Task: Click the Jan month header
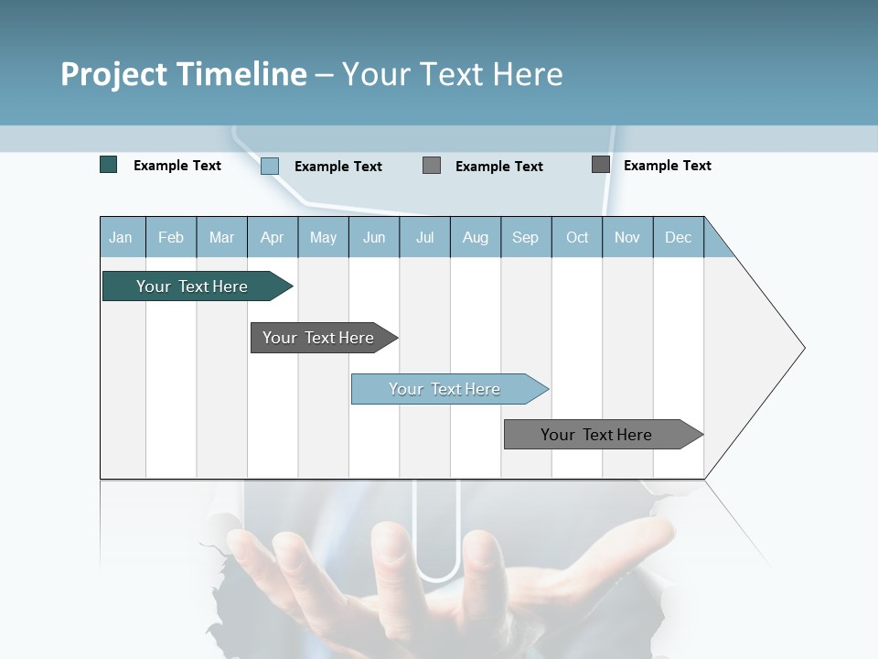click(121, 238)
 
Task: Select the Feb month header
click(171, 238)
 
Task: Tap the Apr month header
click(273, 238)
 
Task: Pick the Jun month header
click(374, 238)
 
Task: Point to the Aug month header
click(476, 238)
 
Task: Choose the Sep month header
click(526, 238)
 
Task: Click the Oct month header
click(577, 238)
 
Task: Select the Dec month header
click(679, 238)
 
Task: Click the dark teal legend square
click(109, 165)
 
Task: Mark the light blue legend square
click(270, 166)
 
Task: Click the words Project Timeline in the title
click(184, 74)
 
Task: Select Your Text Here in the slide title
click(453, 74)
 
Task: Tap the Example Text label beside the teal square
click(177, 166)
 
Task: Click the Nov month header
click(627, 238)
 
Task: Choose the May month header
click(323, 238)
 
